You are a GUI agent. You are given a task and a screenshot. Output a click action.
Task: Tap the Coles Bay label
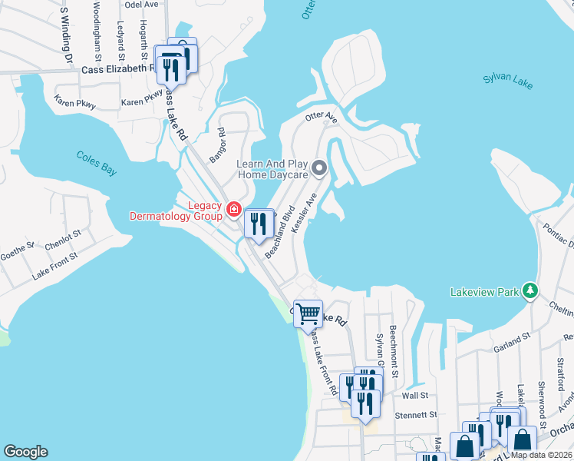coord(97,163)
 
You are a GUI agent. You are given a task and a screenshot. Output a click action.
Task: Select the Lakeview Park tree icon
coord(529,290)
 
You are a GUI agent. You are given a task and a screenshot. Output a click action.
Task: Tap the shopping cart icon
coord(308,313)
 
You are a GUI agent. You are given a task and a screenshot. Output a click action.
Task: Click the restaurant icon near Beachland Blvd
coord(258,224)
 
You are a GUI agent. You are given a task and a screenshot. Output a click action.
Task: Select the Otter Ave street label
coord(321,118)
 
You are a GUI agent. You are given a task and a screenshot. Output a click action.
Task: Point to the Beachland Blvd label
coord(280,231)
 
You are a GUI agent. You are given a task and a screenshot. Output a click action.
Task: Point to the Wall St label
coord(414,396)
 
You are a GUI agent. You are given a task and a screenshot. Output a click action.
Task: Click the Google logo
coord(25,451)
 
